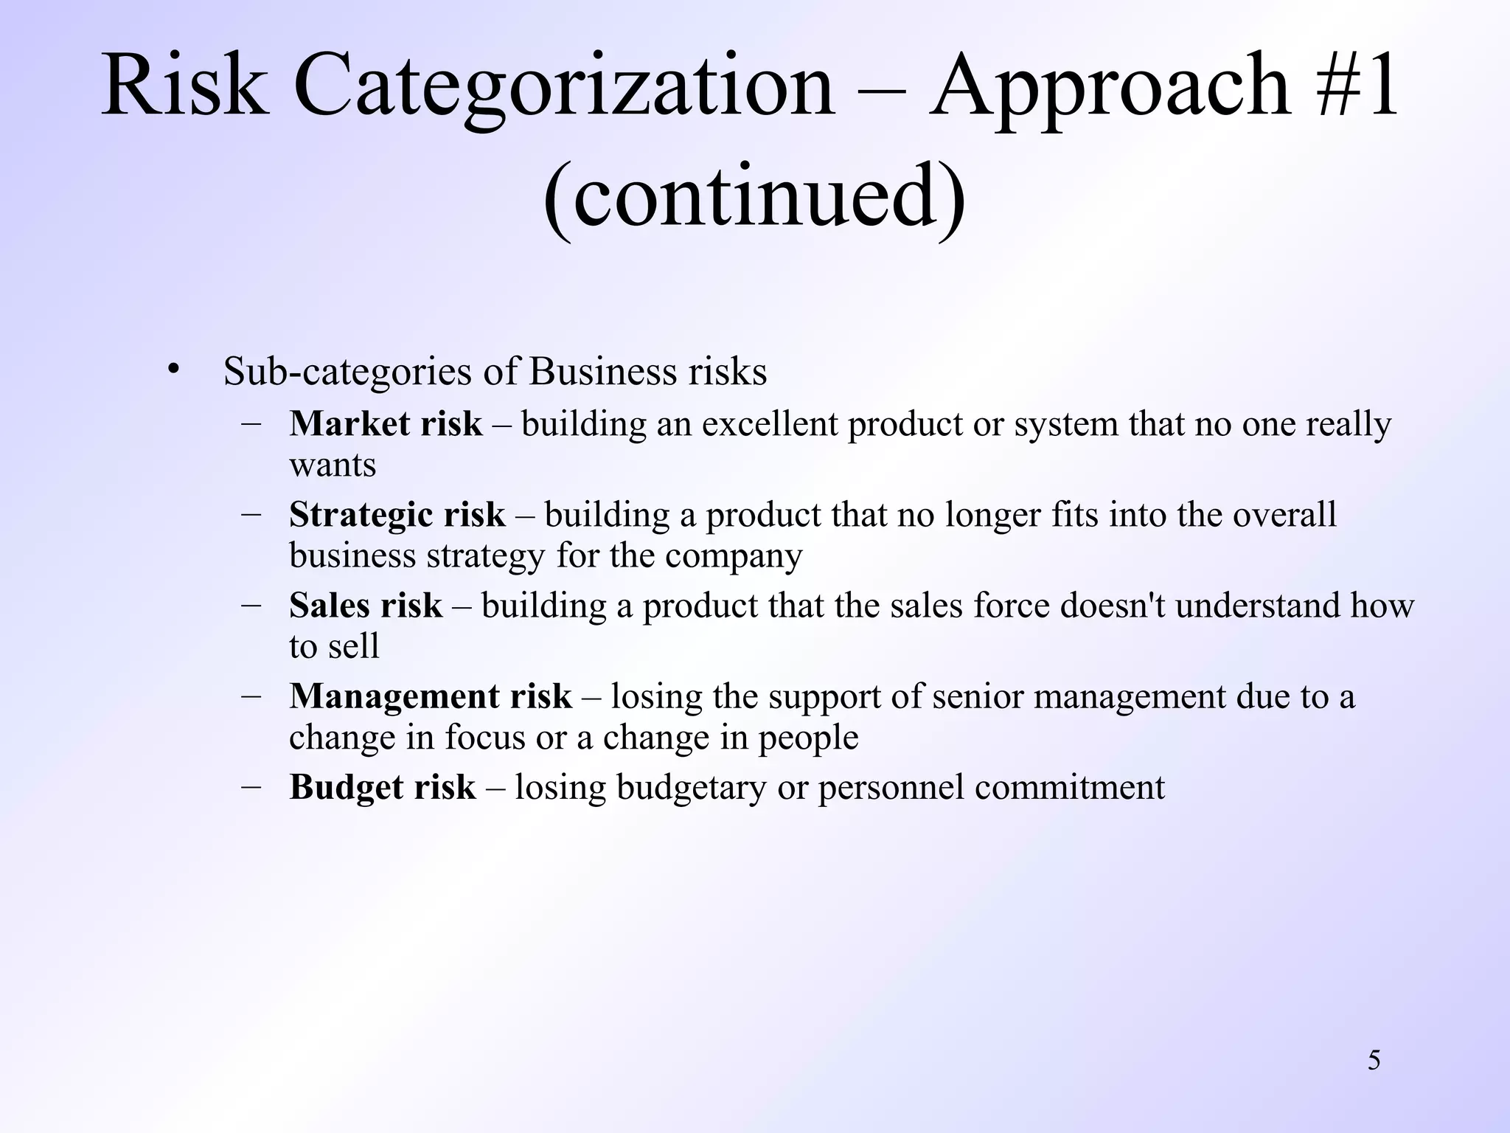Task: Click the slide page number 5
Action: (x=1374, y=1061)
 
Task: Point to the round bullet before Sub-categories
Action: (x=173, y=369)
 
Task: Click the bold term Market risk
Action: (x=386, y=424)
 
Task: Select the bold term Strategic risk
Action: (x=397, y=515)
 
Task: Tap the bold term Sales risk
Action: (x=366, y=606)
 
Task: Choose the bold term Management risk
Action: (x=431, y=696)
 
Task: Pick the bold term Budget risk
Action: (x=383, y=787)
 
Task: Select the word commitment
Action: (x=1070, y=787)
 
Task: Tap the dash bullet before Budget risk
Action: (x=251, y=786)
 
